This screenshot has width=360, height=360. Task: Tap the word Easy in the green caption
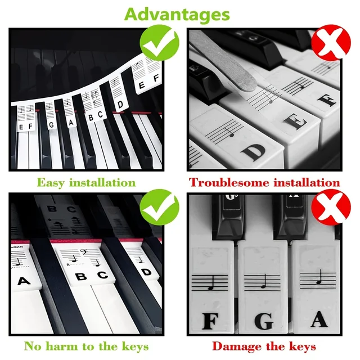pyautogui.click(x=51, y=182)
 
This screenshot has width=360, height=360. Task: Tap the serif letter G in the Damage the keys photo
pyautogui.click(x=263, y=321)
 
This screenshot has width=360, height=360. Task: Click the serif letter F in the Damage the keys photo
pyautogui.click(x=210, y=321)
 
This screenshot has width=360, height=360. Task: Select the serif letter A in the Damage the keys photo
pyautogui.click(x=318, y=320)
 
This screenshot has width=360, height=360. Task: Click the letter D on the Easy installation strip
pyautogui.click(x=120, y=105)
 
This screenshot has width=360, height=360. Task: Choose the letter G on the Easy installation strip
pyautogui.click(x=52, y=124)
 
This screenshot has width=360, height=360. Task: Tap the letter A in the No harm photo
pyautogui.click(x=23, y=280)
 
